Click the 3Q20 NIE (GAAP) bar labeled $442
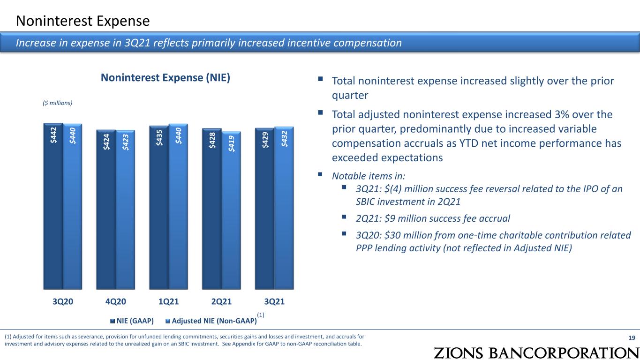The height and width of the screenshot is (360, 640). (53, 206)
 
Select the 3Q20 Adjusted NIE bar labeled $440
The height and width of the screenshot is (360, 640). (73, 206)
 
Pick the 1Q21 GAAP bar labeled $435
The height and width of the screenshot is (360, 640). (159, 208)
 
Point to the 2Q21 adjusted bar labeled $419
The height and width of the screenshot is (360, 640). (231, 210)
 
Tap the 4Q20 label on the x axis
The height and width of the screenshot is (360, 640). (113, 301)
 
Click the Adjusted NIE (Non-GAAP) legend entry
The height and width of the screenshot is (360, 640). (211, 321)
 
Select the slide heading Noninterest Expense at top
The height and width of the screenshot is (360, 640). (83, 21)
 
